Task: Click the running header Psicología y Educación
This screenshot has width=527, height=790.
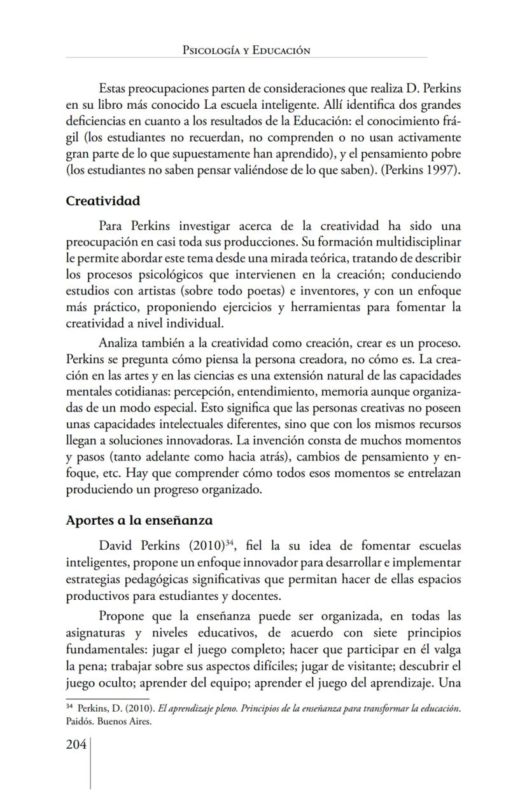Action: click(246, 50)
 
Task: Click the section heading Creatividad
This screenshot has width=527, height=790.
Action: click(102, 200)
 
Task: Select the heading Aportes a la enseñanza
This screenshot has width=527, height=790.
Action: click(139, 520)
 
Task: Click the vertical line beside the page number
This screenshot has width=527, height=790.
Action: click(90, 763)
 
